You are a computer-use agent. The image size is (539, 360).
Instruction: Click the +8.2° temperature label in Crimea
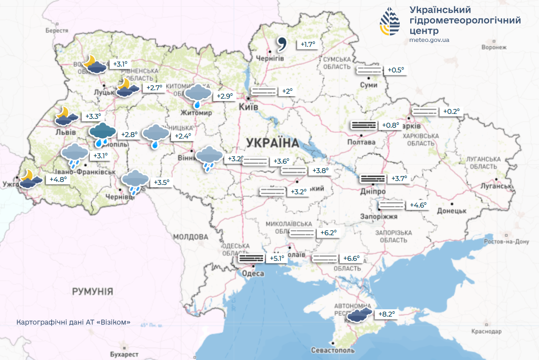coord(386,314)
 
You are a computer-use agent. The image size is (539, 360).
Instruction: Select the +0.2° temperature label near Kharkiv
coord(451,111)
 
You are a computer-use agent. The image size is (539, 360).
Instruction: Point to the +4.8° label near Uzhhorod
coord(58,180)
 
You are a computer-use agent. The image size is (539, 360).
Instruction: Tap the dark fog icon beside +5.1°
coord(251,258)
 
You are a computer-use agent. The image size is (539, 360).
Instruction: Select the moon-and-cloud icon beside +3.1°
coord(93,64)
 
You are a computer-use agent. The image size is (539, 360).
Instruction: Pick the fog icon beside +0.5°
coord(369,70)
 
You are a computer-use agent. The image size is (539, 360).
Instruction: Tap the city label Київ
coord(248,107)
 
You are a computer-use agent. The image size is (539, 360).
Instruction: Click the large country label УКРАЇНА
coord(272,143)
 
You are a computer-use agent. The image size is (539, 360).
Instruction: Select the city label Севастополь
coord(333,350)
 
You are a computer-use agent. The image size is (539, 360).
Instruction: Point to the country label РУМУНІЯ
coord(92,291)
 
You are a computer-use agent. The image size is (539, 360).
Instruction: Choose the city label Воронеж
coord(494,47)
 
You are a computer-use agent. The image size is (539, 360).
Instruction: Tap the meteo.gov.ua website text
coord(429,40)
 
